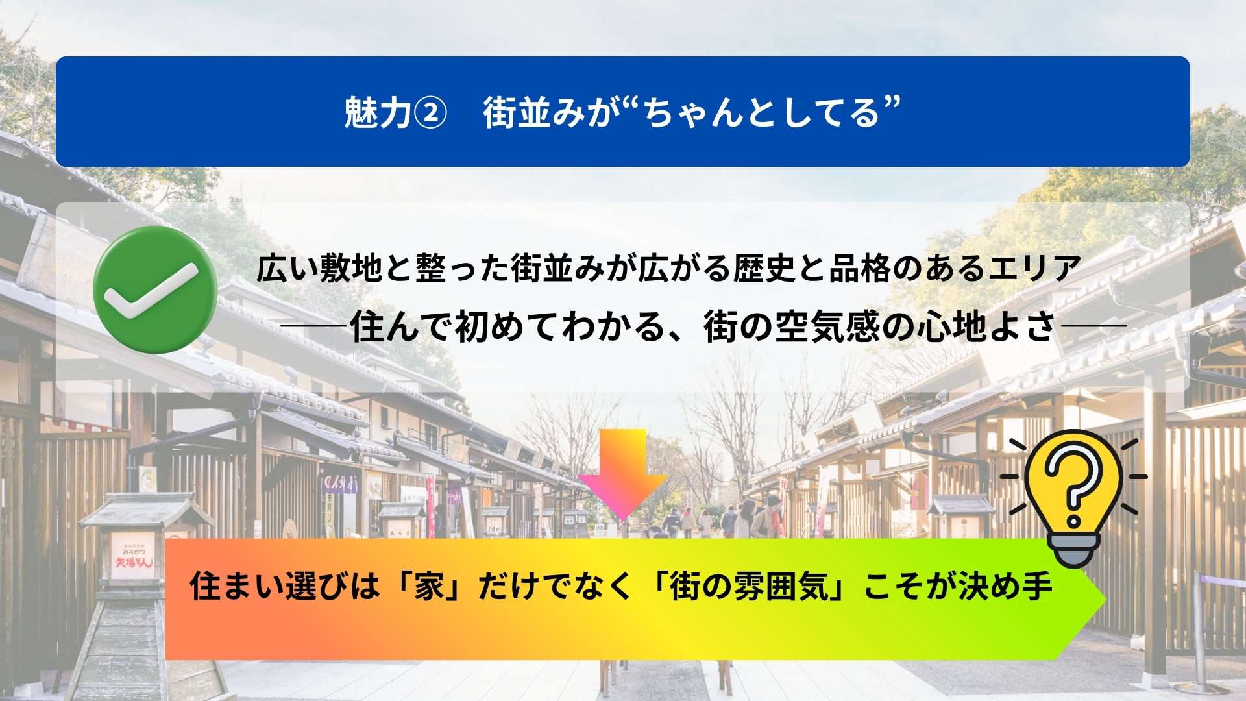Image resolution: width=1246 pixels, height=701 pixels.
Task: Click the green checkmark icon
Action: pyautogui.click(x=154, y=289)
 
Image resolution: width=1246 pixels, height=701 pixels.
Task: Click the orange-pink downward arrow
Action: pyautogui.click(x=622, y=474)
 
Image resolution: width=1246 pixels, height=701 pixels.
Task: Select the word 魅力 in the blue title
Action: pyautogui.click(x=377, y=112)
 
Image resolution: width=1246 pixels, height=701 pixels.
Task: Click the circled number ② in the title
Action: pyautogui.click(x=430, y=113)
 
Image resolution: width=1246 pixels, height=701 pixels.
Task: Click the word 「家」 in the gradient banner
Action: pyautogui.click(x=429, y=586)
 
